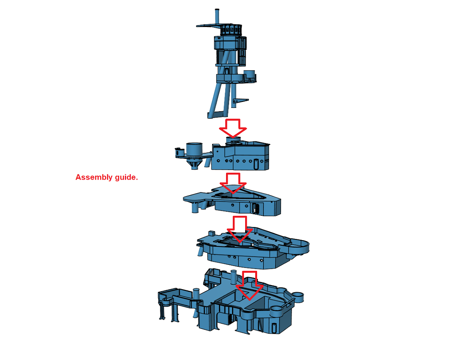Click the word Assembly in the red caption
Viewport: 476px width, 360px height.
click(94, 178)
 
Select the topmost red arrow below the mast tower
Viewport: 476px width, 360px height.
click(233, 128)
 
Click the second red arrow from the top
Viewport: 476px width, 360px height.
click(233, 183)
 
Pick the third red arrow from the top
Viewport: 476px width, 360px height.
click(240, 229)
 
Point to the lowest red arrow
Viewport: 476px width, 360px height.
click(250, 286)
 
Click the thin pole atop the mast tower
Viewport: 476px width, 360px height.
click(217, 17)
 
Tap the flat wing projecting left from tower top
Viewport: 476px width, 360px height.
click(208, 25)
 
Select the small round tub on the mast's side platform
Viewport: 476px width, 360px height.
click(250, 75)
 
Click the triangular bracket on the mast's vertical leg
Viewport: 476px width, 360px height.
click(240, 101)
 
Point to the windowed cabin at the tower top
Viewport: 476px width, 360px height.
click(231, 29)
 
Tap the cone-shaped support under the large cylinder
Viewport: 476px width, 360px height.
click(194, 163)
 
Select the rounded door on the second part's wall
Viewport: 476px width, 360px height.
click(256, 163)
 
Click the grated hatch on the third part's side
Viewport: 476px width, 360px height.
click(255, 208)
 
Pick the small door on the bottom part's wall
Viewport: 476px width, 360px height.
click(274, 328)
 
